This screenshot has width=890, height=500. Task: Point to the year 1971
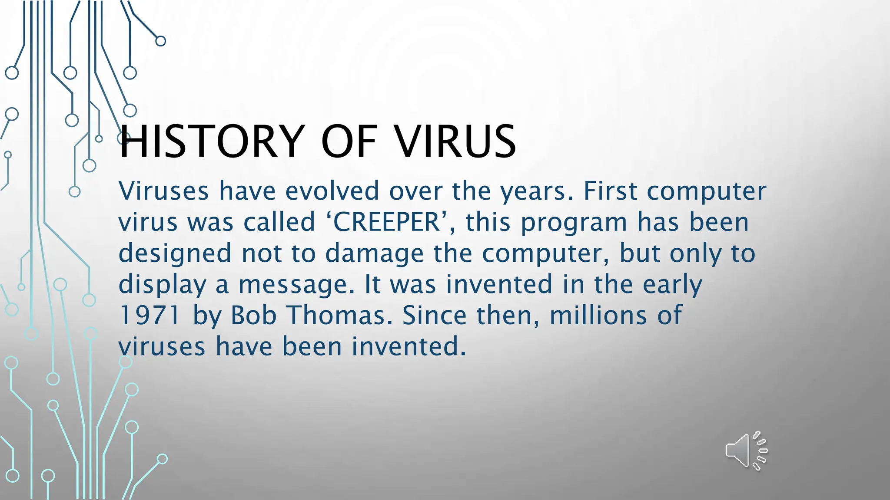pos(149,315)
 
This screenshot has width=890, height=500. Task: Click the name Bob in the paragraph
pos(253,315)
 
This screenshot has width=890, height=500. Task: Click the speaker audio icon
pos(746,451)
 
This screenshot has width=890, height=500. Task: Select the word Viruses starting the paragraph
pos(163,191)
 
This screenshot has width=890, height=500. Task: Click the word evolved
pos(332,191)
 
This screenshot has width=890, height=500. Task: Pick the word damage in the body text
pos(374,253)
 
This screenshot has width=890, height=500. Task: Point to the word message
pos(296,285)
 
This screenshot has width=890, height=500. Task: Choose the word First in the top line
pos(610,191)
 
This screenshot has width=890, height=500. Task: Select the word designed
pos(175,253)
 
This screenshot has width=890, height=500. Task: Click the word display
pos(162,285)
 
